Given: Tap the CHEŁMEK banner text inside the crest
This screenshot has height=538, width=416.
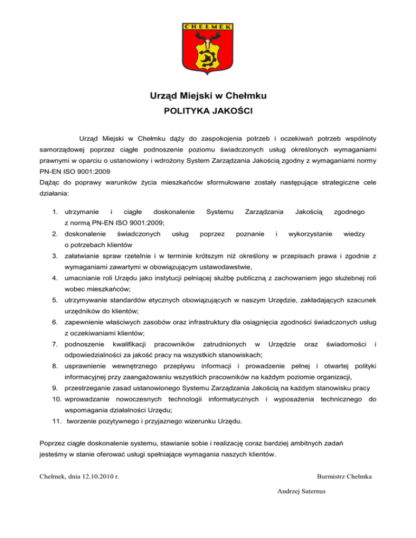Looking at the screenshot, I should click(208, 26).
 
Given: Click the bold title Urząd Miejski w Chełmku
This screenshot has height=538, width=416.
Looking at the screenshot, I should click(208, 96).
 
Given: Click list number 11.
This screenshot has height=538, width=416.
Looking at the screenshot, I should click(55, 421).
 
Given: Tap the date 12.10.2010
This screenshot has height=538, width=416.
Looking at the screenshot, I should click(96, 476).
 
